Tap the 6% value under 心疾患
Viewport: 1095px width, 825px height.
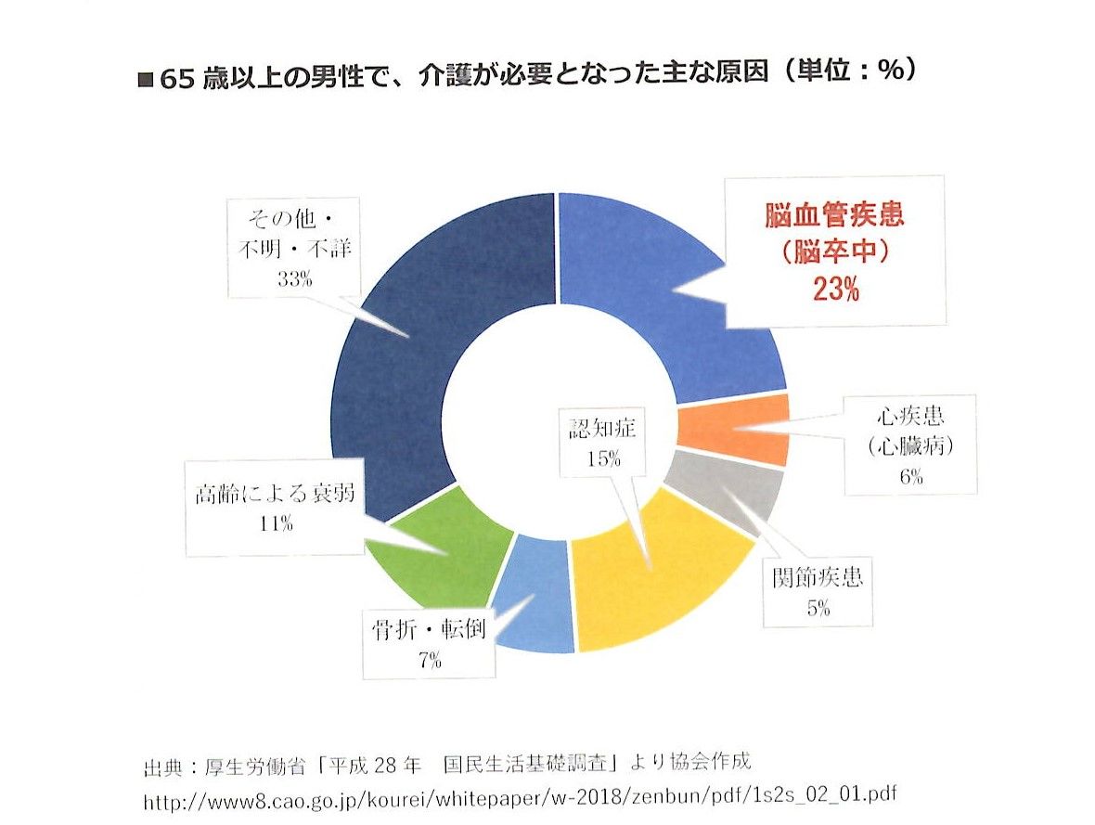909,478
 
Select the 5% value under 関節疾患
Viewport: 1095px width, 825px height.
818,609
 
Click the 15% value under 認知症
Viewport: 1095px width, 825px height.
603,458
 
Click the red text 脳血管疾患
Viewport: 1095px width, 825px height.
835,216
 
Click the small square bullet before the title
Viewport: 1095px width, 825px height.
145,78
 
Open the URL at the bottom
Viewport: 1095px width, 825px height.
521,796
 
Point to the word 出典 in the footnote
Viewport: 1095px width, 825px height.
159,767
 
